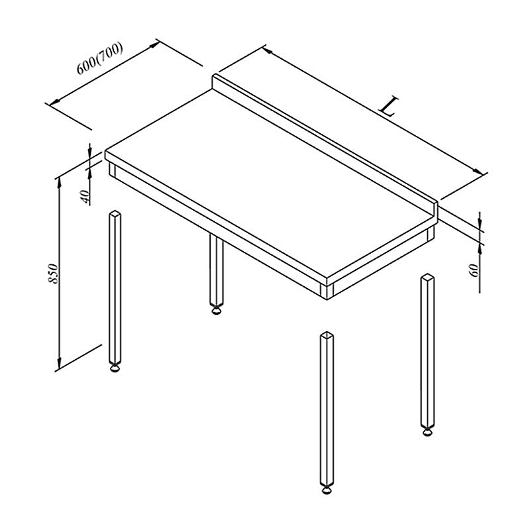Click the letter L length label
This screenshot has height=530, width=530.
coord(390,107)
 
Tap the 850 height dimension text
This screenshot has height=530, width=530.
coord(54,273)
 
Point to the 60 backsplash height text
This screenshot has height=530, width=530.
coord(475,270)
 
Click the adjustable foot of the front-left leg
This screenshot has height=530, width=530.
coord(115,368)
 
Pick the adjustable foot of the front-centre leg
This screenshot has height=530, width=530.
coord(327,490)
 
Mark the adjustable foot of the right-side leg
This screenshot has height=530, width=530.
coord(427,433)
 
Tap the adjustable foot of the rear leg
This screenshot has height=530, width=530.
coord(217,309)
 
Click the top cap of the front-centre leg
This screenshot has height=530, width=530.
coord(327,335)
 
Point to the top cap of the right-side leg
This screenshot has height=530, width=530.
coord(427,277)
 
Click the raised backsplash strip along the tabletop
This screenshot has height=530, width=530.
coord(325,144)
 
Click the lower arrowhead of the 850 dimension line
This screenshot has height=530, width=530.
coord(60,363)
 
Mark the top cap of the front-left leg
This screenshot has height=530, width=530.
coord(115,213)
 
